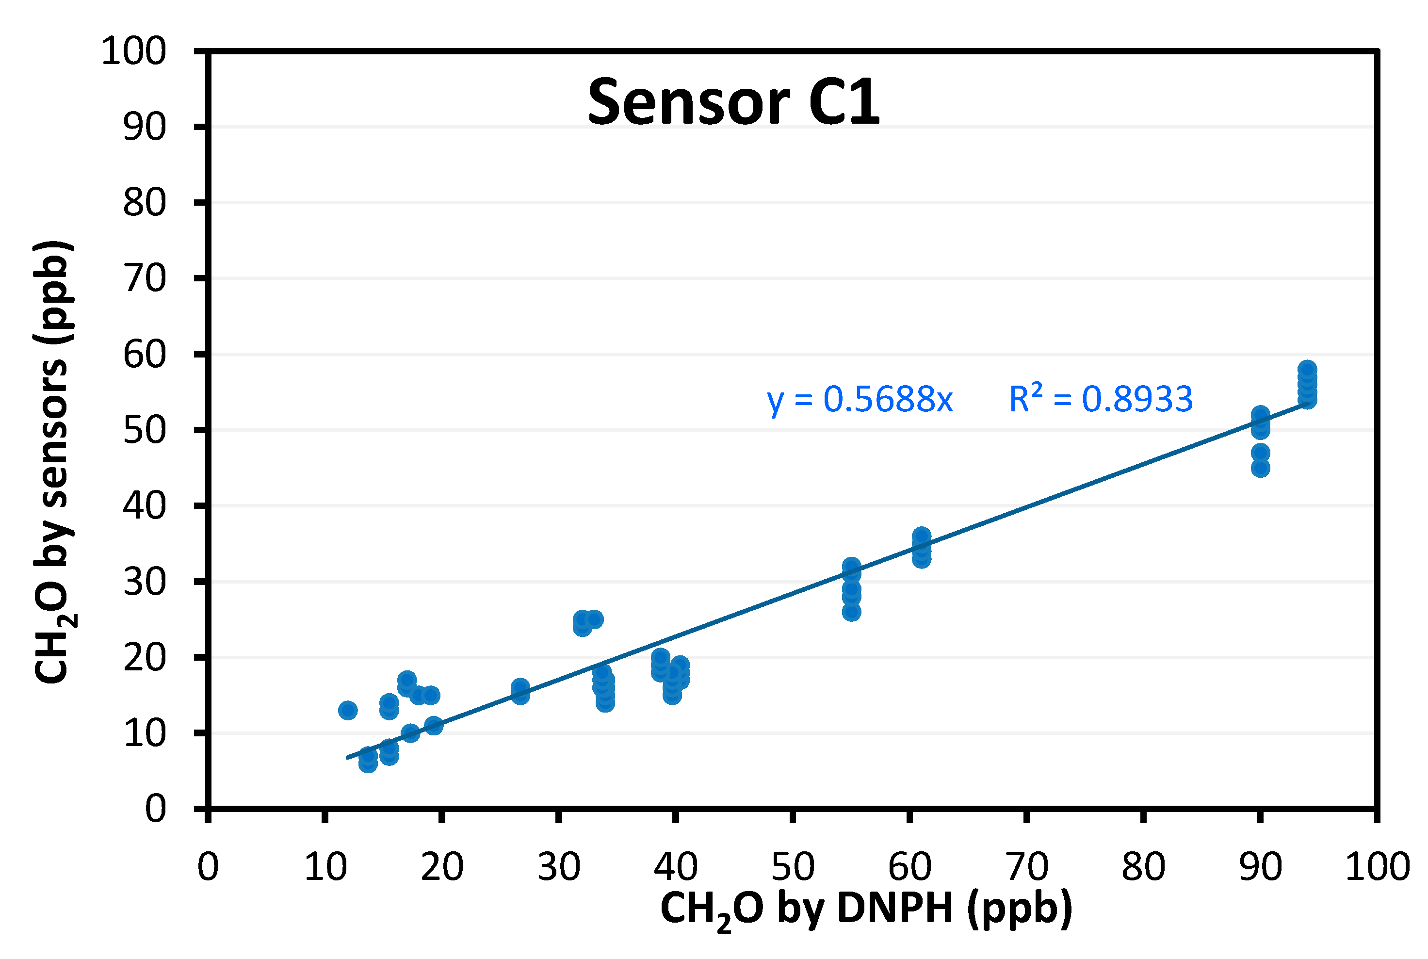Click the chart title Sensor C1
click(733, 103)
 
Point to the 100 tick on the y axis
click(133, 51)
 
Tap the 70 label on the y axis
click(145, 279)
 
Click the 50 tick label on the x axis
click(792, 867)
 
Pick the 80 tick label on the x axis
click(1143, 867)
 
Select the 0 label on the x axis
click(208, 867)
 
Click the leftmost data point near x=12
click(347, 710)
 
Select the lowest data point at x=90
click(1260, 469)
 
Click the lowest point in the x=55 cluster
click(851, 612)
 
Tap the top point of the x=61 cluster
click(922, 536)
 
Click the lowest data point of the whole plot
click(368, 764)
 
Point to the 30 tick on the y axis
click(145, 582)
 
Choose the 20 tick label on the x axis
click(441, 867)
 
